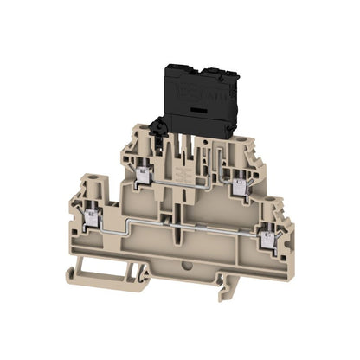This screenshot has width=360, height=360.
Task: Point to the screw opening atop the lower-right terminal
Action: tap(279, 206)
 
